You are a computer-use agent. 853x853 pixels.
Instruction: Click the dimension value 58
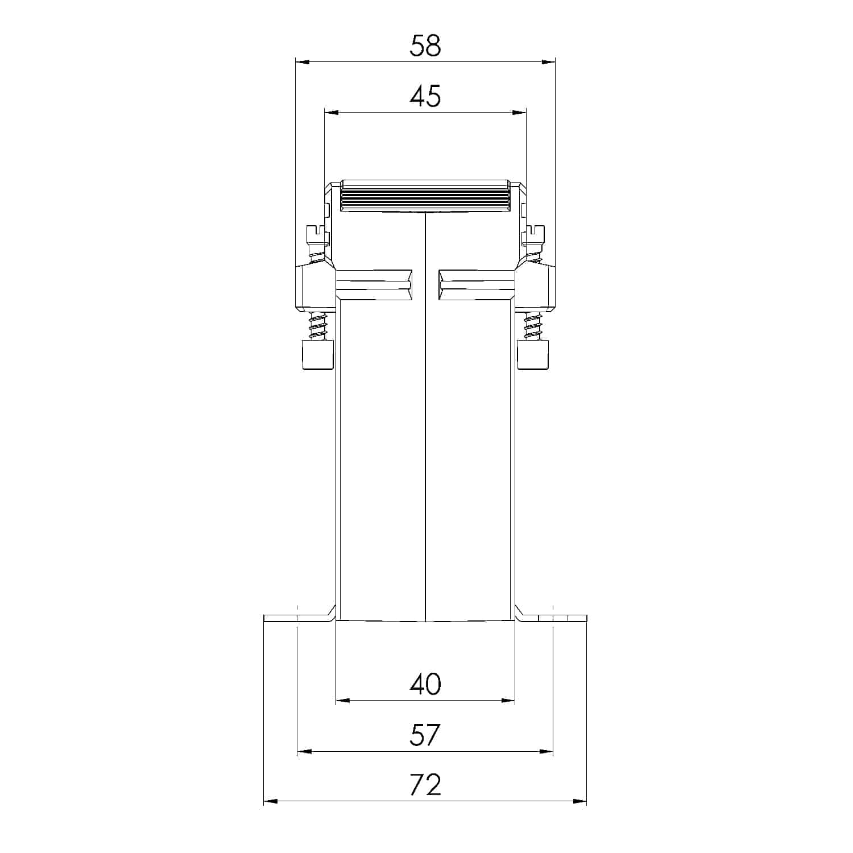point(425,46)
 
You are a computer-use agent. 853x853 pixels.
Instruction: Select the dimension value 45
point(425,97)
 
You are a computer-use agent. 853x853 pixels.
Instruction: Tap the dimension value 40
point(425,685)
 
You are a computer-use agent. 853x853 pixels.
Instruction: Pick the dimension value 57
point(425,735)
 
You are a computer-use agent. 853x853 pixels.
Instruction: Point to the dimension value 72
point(425,785)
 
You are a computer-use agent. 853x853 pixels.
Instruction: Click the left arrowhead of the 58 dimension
point(302,62)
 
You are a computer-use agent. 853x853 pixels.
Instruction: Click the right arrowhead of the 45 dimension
point(519,113)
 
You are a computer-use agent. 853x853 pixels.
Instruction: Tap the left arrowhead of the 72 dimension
point(271,802)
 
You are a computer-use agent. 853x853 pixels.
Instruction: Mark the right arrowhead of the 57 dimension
point(546,752)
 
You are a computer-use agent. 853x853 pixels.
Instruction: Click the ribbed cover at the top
point(425,197)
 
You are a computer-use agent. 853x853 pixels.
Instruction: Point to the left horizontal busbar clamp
point(374,285)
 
